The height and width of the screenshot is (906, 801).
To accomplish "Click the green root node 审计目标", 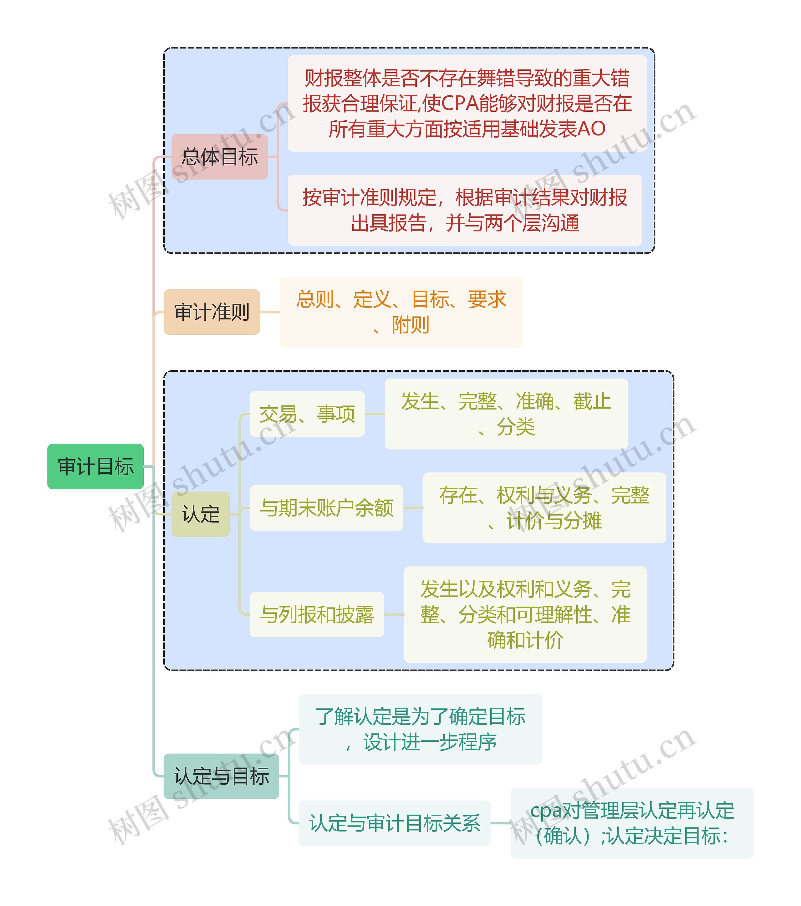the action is click(95, 466).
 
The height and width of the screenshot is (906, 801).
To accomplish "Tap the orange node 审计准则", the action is click(212, 312).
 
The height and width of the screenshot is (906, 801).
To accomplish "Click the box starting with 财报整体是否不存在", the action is click(467, 103).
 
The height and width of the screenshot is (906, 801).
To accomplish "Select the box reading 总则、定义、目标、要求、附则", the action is click(401, 312).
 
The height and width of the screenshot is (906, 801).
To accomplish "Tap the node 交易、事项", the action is click(307, 414).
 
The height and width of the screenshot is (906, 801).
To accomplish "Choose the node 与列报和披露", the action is click(317, 614).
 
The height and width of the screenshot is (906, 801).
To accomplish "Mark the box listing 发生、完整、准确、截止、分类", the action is click(506, 414).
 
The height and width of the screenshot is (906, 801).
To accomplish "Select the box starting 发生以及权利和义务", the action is click(525, 614).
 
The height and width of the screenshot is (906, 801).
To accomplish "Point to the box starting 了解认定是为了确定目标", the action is click(420, 729).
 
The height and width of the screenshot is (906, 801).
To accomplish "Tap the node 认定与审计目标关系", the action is click(395, 823).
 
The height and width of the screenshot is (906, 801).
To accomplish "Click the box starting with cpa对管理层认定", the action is click(632, 823).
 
